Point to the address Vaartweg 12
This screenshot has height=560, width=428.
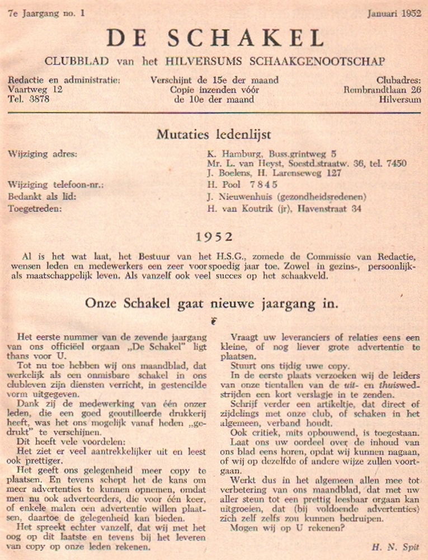tap(35, 90)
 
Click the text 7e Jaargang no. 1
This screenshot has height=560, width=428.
tap(43, 15)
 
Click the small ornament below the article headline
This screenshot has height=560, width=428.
tap(214, 321)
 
